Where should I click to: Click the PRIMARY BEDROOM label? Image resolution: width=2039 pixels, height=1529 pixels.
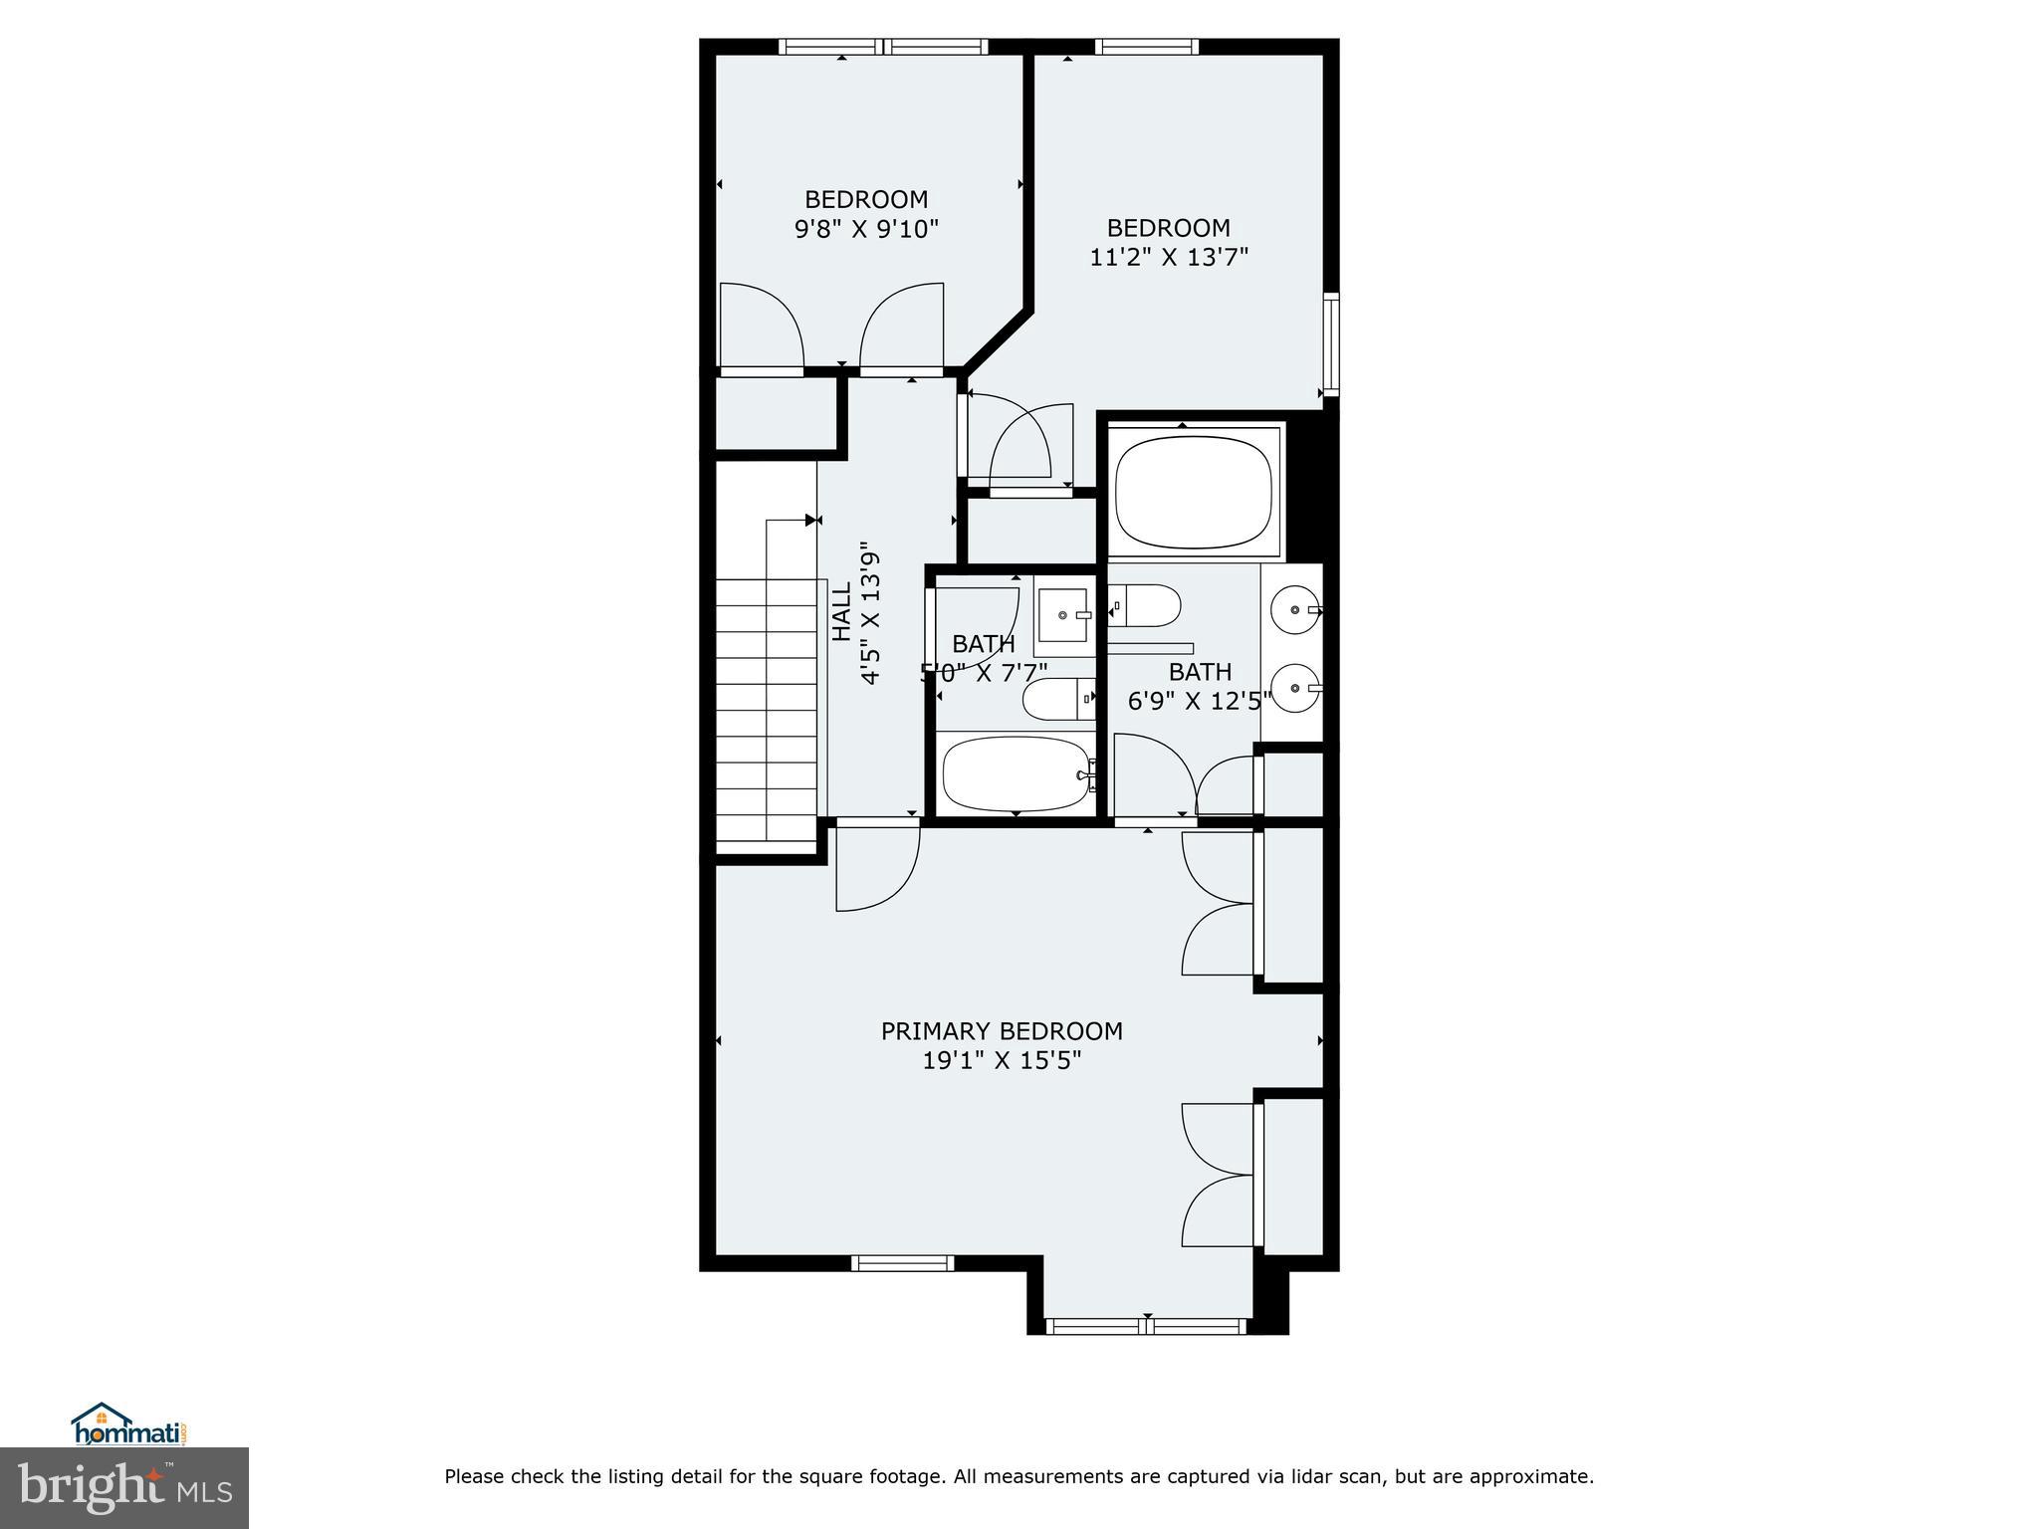pos(1002,1031)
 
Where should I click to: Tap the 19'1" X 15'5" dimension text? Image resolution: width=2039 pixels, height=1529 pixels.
pos(1002,1061)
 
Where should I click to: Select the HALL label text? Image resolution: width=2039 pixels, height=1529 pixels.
pos(841,611)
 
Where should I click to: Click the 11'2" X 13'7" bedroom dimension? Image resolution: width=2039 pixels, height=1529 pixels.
pos(1169,258)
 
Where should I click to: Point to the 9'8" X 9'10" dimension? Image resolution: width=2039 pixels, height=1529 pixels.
pos(866,229)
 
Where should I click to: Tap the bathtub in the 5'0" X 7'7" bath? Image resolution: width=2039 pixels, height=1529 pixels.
pos(1015,774)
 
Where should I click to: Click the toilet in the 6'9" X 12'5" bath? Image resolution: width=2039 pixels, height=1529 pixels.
pos(1147,605)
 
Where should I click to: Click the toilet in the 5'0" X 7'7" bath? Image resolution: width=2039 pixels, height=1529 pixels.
pos(1058,699)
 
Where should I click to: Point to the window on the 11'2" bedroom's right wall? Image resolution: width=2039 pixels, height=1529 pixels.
pos(1331,344)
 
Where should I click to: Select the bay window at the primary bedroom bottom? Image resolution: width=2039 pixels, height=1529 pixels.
pos(1146,1326)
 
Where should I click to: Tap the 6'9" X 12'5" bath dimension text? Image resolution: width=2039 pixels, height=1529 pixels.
pos(1200,702)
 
